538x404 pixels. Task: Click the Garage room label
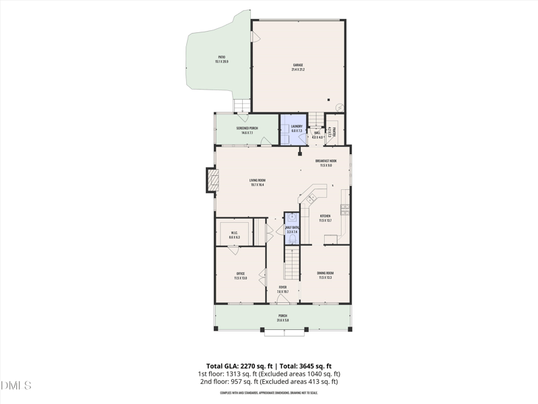(x=297, y=67)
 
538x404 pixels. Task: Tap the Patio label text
(x=221, y=59)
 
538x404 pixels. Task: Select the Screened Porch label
(x=247, y=130)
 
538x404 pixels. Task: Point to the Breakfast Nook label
(x=325, y=163)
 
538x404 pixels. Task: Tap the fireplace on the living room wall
(x=213, y=180)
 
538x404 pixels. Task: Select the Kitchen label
(x=325, y=217)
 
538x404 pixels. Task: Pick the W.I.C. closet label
(x=234, y=235)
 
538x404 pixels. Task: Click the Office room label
(x=240, y=275)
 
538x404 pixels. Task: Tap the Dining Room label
(x=325, y=275)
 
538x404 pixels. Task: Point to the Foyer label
(x=282, y=289)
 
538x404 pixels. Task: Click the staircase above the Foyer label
(x=291, y=263)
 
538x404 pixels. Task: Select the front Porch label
(x=282, y=317)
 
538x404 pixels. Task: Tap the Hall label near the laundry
(x=317, y=135)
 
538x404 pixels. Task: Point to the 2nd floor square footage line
(x=268, y=382)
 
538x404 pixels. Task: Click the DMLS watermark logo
(x=16, y=386)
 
